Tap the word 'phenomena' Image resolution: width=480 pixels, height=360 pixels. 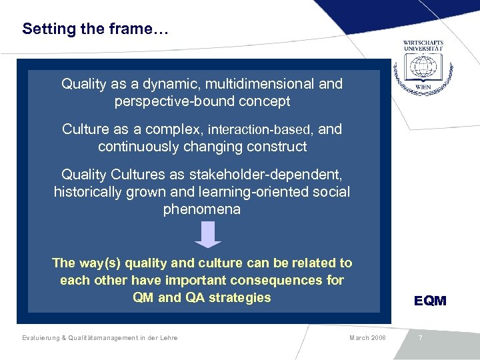point(202,209)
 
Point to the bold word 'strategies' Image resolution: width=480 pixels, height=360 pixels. point(241,297)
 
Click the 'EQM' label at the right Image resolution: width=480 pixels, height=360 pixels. point(430,301)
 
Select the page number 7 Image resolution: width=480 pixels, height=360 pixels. point(420,338)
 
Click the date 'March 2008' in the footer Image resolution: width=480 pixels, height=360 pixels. point(367,338)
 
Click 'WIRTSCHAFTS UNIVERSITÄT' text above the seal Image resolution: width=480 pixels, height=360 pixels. point(423,45)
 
